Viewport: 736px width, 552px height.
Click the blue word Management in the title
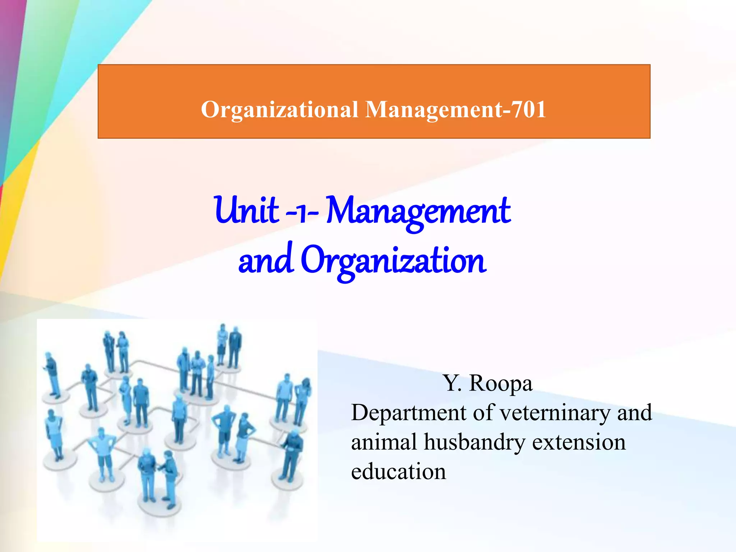pyautogui.click(x=419, y=212)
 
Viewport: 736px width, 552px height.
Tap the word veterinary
pyautogui.click(x=555, y=413)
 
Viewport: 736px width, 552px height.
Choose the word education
pyautogui.click(x=399, y=471)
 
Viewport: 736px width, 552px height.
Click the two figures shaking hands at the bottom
pyautogui.click(x=158, y=474)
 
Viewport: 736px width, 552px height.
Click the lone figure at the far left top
pyautogui.click(x=52, y=374)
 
